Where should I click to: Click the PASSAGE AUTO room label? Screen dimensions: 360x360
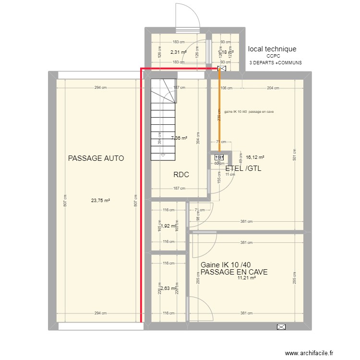pyautogui.click(x=96, y=158)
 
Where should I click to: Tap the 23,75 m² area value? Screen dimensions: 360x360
pyautogui.click(x=101, y=201)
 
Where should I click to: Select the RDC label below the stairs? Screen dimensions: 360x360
pyautogui.click(x=181, y=175)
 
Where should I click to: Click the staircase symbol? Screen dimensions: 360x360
pyautogui.click(x=164, y=120)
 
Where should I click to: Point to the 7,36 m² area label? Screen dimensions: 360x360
pyautogui.click(x=179, y=138)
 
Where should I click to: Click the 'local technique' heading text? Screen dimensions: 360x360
pyautogui.click(x=272, y=49)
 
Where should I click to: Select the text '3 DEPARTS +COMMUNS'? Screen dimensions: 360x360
pyautogui.click(x=276, y=63)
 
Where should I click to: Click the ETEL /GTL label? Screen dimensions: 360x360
pyautogui.click(x=243, y=168)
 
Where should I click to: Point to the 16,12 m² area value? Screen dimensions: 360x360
pyautogui.click(x=255, y=157)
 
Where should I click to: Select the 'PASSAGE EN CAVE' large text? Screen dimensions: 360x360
pyautogui.click(x=234, y=272)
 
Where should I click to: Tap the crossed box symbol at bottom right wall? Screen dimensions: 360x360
pyautogui.click(x=281, y=327)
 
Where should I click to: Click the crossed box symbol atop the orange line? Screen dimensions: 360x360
pyautogui.click(x=221, y=69)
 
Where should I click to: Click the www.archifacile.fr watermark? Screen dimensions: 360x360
pyautogui.click(x=309, y=353)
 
